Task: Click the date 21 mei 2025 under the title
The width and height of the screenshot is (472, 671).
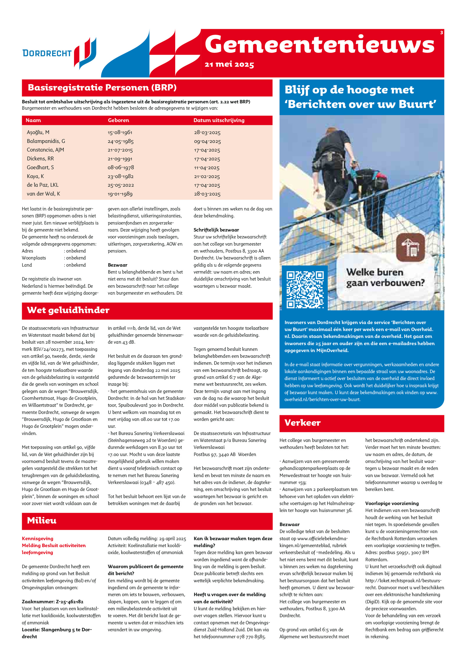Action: tap(229, 64)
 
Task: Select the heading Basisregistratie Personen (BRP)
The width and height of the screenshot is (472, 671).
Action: tap(102, 88)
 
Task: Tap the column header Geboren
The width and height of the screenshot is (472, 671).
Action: tap(118, 120)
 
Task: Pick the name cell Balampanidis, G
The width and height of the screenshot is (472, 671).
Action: tap(46, 141)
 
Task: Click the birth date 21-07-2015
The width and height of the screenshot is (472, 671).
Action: tap(120, 150)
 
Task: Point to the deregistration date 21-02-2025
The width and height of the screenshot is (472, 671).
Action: tap(207, 176)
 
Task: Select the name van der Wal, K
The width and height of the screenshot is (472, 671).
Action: tap(43, 194)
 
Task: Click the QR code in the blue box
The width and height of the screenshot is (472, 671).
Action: tap(305, 289)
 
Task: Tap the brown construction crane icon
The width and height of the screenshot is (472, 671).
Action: tap(410, 247)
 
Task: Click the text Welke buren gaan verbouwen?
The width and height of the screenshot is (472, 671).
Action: tap(385, 277)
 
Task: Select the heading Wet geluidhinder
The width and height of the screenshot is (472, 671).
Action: tap(68, 310)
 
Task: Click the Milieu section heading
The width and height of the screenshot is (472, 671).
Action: tap(42, 521)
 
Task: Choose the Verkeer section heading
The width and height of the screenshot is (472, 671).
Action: tap(302, 423)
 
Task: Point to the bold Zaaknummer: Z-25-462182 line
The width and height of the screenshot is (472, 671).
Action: tap(53, 602)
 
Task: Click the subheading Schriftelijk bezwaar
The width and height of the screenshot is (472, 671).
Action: tap(216, 230)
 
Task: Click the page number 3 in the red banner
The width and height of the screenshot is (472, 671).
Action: tap(441, 33)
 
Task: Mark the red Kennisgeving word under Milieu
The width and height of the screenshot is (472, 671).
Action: tap(37, 539)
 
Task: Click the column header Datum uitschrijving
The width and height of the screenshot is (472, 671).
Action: tap(219, 120)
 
